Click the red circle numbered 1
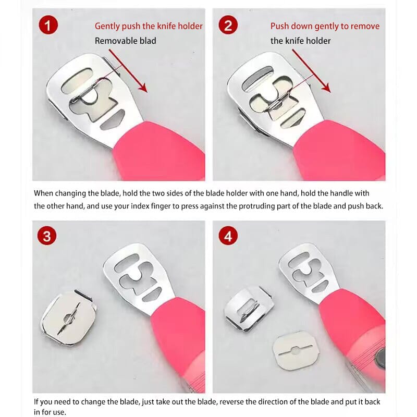pyautogui.click(x=48, y=26)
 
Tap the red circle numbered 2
pyautogui.click(x=228, y=26)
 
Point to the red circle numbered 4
pyautogui.click(x=228, y=236)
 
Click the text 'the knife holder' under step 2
pyautogui.click(x=300, y=41)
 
